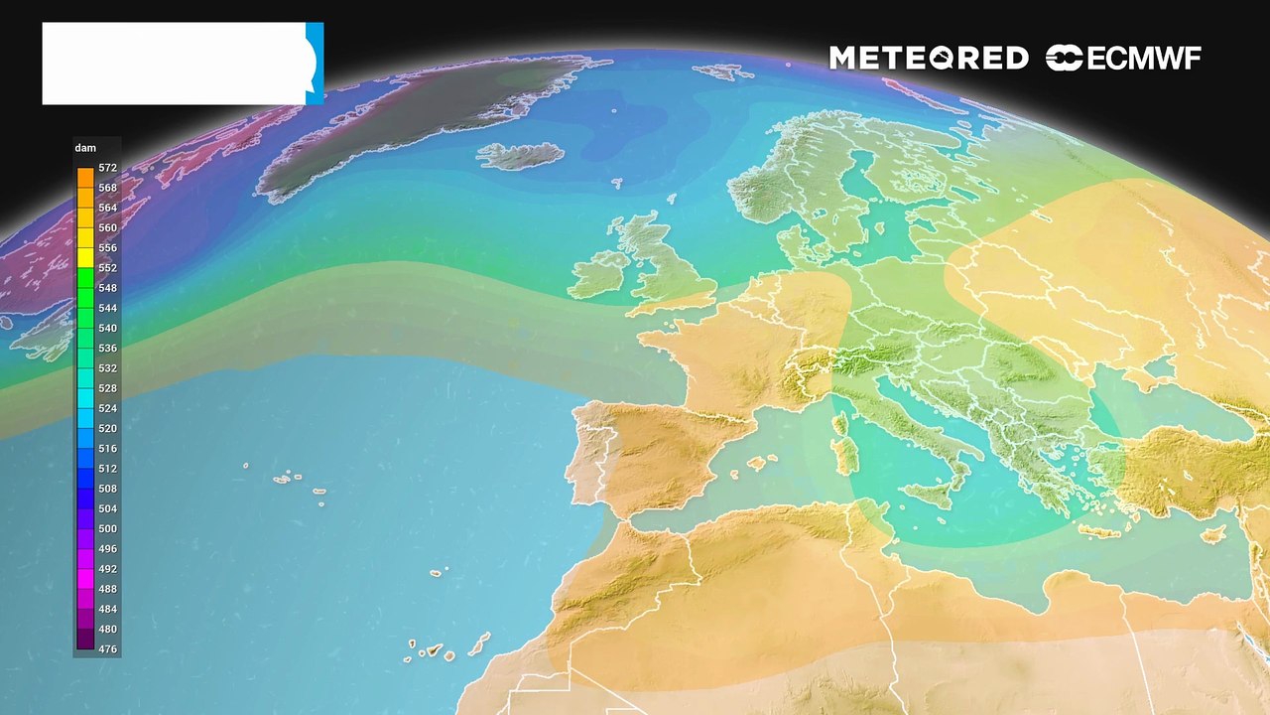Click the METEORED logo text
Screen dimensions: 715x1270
coord(929,59)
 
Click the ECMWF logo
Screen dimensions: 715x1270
coord(1123,59)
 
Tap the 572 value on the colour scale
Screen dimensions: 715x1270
coord(107,168)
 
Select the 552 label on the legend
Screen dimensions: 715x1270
coord(107,268)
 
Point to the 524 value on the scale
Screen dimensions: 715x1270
coord(107,408)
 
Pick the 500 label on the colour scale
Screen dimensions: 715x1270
coord(107,529)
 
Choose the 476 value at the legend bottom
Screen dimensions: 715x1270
coord(107,649)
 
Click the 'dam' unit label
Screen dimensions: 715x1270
coord(85,148)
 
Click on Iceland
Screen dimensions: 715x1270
coord(520,156)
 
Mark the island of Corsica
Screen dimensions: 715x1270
coord(840,425)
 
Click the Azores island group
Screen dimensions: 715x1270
coord(294,481)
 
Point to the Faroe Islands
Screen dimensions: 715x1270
coord(616,184)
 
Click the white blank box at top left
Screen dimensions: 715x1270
coord(174,64)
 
